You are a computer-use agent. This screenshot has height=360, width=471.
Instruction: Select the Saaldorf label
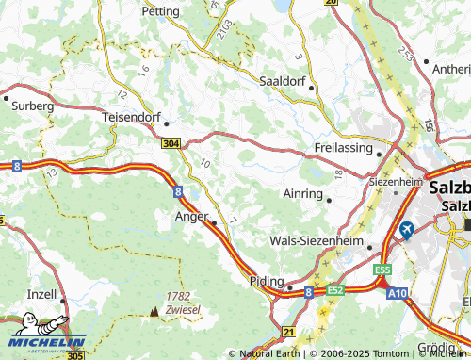[285, 81]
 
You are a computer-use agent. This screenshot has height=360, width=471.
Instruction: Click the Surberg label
[32, 106]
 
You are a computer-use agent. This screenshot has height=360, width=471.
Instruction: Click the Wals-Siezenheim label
[317, 241]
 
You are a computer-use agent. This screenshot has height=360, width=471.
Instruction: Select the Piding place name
[268, 281]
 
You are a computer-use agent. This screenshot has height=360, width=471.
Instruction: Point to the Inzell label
[42, 294]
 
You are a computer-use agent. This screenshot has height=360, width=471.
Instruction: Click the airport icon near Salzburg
[407, 229]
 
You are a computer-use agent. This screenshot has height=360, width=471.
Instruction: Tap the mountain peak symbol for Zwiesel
[154, 309]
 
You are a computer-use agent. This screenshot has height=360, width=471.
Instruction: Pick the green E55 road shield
[382, 270]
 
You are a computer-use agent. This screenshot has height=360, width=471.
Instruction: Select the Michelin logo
[42, 345]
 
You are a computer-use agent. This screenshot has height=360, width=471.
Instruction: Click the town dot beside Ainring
[330, 199]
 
